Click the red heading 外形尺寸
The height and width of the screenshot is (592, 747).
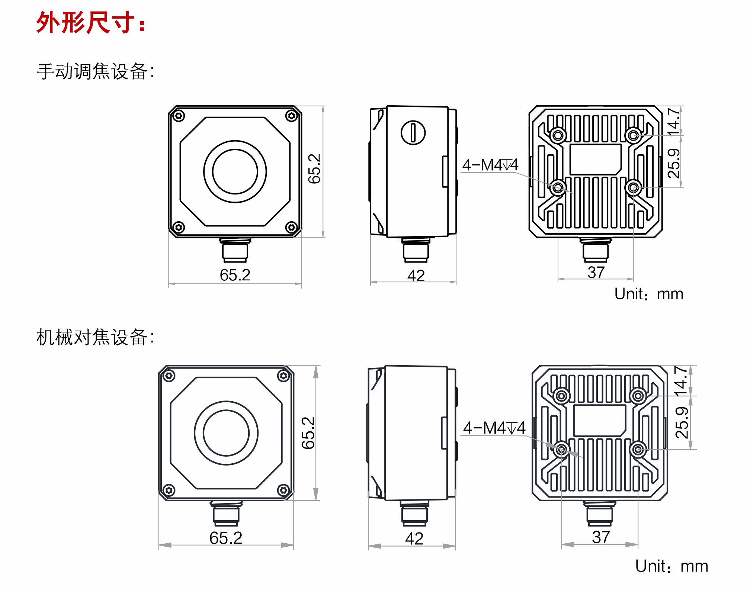coord(90,22)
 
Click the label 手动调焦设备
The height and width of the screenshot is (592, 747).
coord(95,71)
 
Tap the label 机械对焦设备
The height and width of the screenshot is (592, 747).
coord(95,337)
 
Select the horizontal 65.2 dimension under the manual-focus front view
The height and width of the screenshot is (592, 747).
coord(235,275)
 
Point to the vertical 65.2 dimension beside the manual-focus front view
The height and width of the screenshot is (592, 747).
coord(314,168)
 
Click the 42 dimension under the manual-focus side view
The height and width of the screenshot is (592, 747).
coord(416,276)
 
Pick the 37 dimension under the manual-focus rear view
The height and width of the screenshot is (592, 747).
coord(596,272)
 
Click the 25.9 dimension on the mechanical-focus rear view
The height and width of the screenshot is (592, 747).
coord(682,422)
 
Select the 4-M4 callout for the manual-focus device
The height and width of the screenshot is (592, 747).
coord(490,165)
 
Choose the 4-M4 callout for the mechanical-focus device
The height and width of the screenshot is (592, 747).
coord(494,428)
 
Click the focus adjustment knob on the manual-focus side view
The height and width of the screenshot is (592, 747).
coord(413,133)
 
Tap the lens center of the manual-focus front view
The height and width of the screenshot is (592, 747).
coord(235,171)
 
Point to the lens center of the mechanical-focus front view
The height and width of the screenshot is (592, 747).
coord(226,433)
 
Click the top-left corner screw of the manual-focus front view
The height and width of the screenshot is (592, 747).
coord(179,116)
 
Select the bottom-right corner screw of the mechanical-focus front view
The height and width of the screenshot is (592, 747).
coord(283,490)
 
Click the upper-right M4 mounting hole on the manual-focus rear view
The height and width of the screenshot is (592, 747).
coord(633,135)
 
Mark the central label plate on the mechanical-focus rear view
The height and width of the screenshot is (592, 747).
coord(600,420)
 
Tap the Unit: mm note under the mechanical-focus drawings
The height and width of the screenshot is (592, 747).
coord(671,566)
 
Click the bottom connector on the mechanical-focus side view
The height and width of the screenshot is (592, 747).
coord(414,513)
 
